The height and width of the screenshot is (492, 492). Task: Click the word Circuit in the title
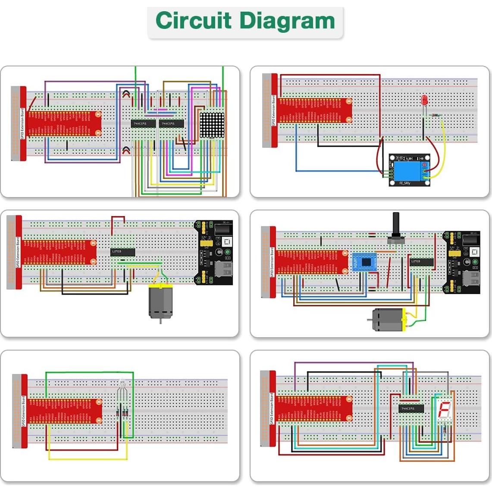[x=194, y=21]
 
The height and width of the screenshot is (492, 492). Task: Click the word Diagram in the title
[x=287, y=21]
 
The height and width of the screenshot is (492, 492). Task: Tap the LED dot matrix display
[x=212, y=125]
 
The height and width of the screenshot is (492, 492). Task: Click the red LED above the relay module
[x=424, y=100]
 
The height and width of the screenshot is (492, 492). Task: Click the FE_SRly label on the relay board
[x=405, y=183]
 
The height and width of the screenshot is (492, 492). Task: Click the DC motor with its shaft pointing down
[x=160, y=302]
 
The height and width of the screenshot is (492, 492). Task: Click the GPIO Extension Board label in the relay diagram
[x=273, y=110]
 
